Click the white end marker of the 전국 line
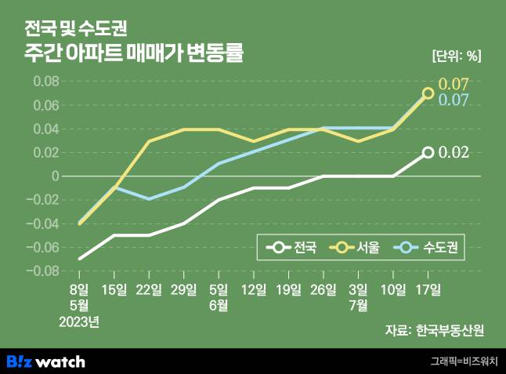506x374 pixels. click(428, 152)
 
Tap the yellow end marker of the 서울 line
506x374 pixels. click(428, 93)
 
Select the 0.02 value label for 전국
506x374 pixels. click(454, 152)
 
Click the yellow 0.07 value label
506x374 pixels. click(454, 84)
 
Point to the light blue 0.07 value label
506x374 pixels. click(454, 100)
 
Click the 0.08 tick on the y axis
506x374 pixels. click(47, 82)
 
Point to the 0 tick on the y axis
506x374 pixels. click(56, 176)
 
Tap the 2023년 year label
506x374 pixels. click(81, 321)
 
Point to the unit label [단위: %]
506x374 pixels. click(457, 56)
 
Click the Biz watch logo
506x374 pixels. click(45, 361)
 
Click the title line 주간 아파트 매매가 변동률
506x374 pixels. click(133, 55)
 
